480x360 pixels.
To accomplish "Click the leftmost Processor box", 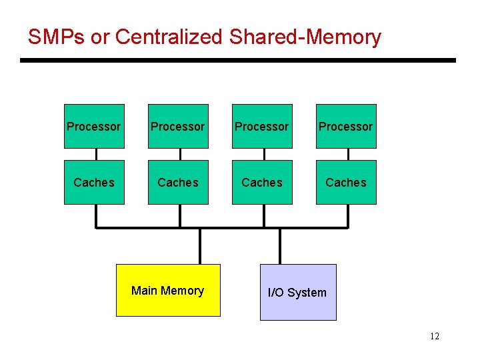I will pos(94,126).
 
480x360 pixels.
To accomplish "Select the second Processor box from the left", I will pos(178,126).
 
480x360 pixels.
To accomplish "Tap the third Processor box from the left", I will pos(262,126).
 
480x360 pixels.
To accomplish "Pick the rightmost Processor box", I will pos(346,126).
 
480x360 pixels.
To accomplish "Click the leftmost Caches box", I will pos(94,182).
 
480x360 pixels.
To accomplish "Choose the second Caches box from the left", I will pos(178,182).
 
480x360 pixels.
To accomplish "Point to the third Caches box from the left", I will pos(262,182).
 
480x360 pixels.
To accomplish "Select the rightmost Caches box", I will pos(346,182).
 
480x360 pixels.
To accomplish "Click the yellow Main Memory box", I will pos(168,290).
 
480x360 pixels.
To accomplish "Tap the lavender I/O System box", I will pos(297,292).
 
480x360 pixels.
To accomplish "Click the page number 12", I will pos(435,336).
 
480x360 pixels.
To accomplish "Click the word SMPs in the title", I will pos(56,37).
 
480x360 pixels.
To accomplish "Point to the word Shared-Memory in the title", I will pos(305,37).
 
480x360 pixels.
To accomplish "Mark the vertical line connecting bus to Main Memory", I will pos(200,246).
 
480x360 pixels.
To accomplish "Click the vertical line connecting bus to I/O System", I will pos(280,246).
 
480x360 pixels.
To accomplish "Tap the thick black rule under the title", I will pos(237,61).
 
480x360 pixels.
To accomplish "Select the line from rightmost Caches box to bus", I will pos(348,215).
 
